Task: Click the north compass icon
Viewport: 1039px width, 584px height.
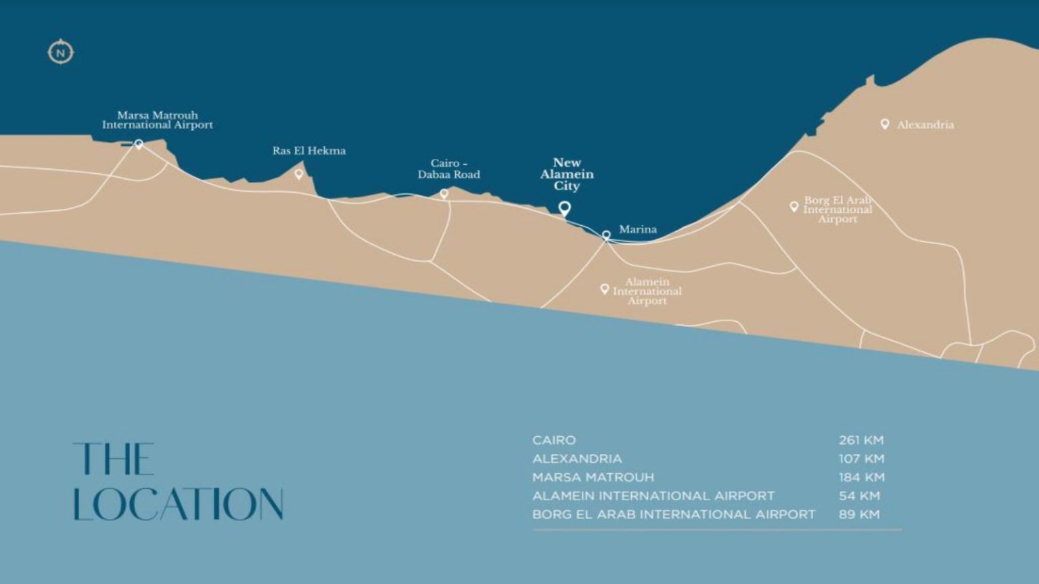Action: [60, 52]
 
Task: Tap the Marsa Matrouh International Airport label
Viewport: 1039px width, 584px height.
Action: [157, 120]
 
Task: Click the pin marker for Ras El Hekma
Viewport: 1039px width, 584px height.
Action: [299, 174]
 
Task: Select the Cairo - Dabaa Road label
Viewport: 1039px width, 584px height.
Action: [448, 169]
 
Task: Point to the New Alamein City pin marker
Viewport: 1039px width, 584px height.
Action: [564, 208]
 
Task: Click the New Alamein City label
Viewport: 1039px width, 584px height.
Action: [567, 174]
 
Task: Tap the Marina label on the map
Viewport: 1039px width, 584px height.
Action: [637, 230]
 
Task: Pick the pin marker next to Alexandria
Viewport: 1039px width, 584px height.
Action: [885, 124]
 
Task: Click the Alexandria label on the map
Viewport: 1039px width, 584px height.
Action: [925, 125]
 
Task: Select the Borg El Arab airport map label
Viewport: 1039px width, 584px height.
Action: [837, 210]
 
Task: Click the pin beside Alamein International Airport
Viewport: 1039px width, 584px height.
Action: [605, 289]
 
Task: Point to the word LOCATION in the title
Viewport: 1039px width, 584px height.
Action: [178, 504]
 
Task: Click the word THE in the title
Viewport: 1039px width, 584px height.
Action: [114, 460]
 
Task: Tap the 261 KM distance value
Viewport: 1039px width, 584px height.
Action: [861, 440]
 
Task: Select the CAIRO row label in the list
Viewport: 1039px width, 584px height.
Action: [554, 440]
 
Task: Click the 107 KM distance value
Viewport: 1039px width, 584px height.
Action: [861, 459]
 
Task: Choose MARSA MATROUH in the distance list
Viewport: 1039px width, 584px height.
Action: [593, 477]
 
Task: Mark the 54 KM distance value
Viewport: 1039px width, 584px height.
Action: [859, 496]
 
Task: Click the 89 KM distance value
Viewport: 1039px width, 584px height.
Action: [859, 514]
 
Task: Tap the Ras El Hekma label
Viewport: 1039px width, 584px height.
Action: [309, 151]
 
